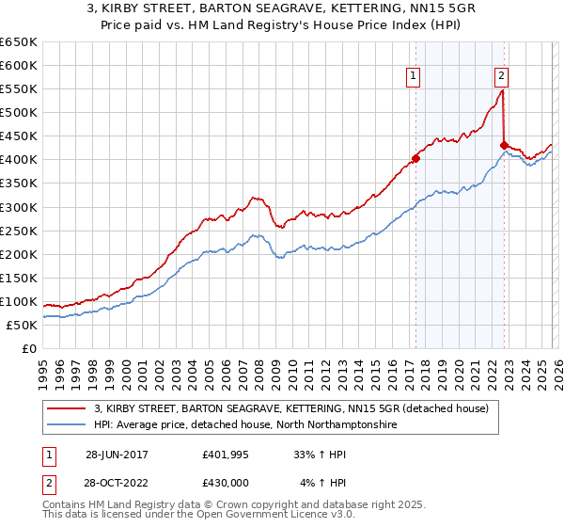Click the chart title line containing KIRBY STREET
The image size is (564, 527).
click(281, 10)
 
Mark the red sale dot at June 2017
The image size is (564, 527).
click(415, 158)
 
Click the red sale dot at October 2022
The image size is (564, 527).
click(504, 145)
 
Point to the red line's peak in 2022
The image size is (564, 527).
click(502, 91)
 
